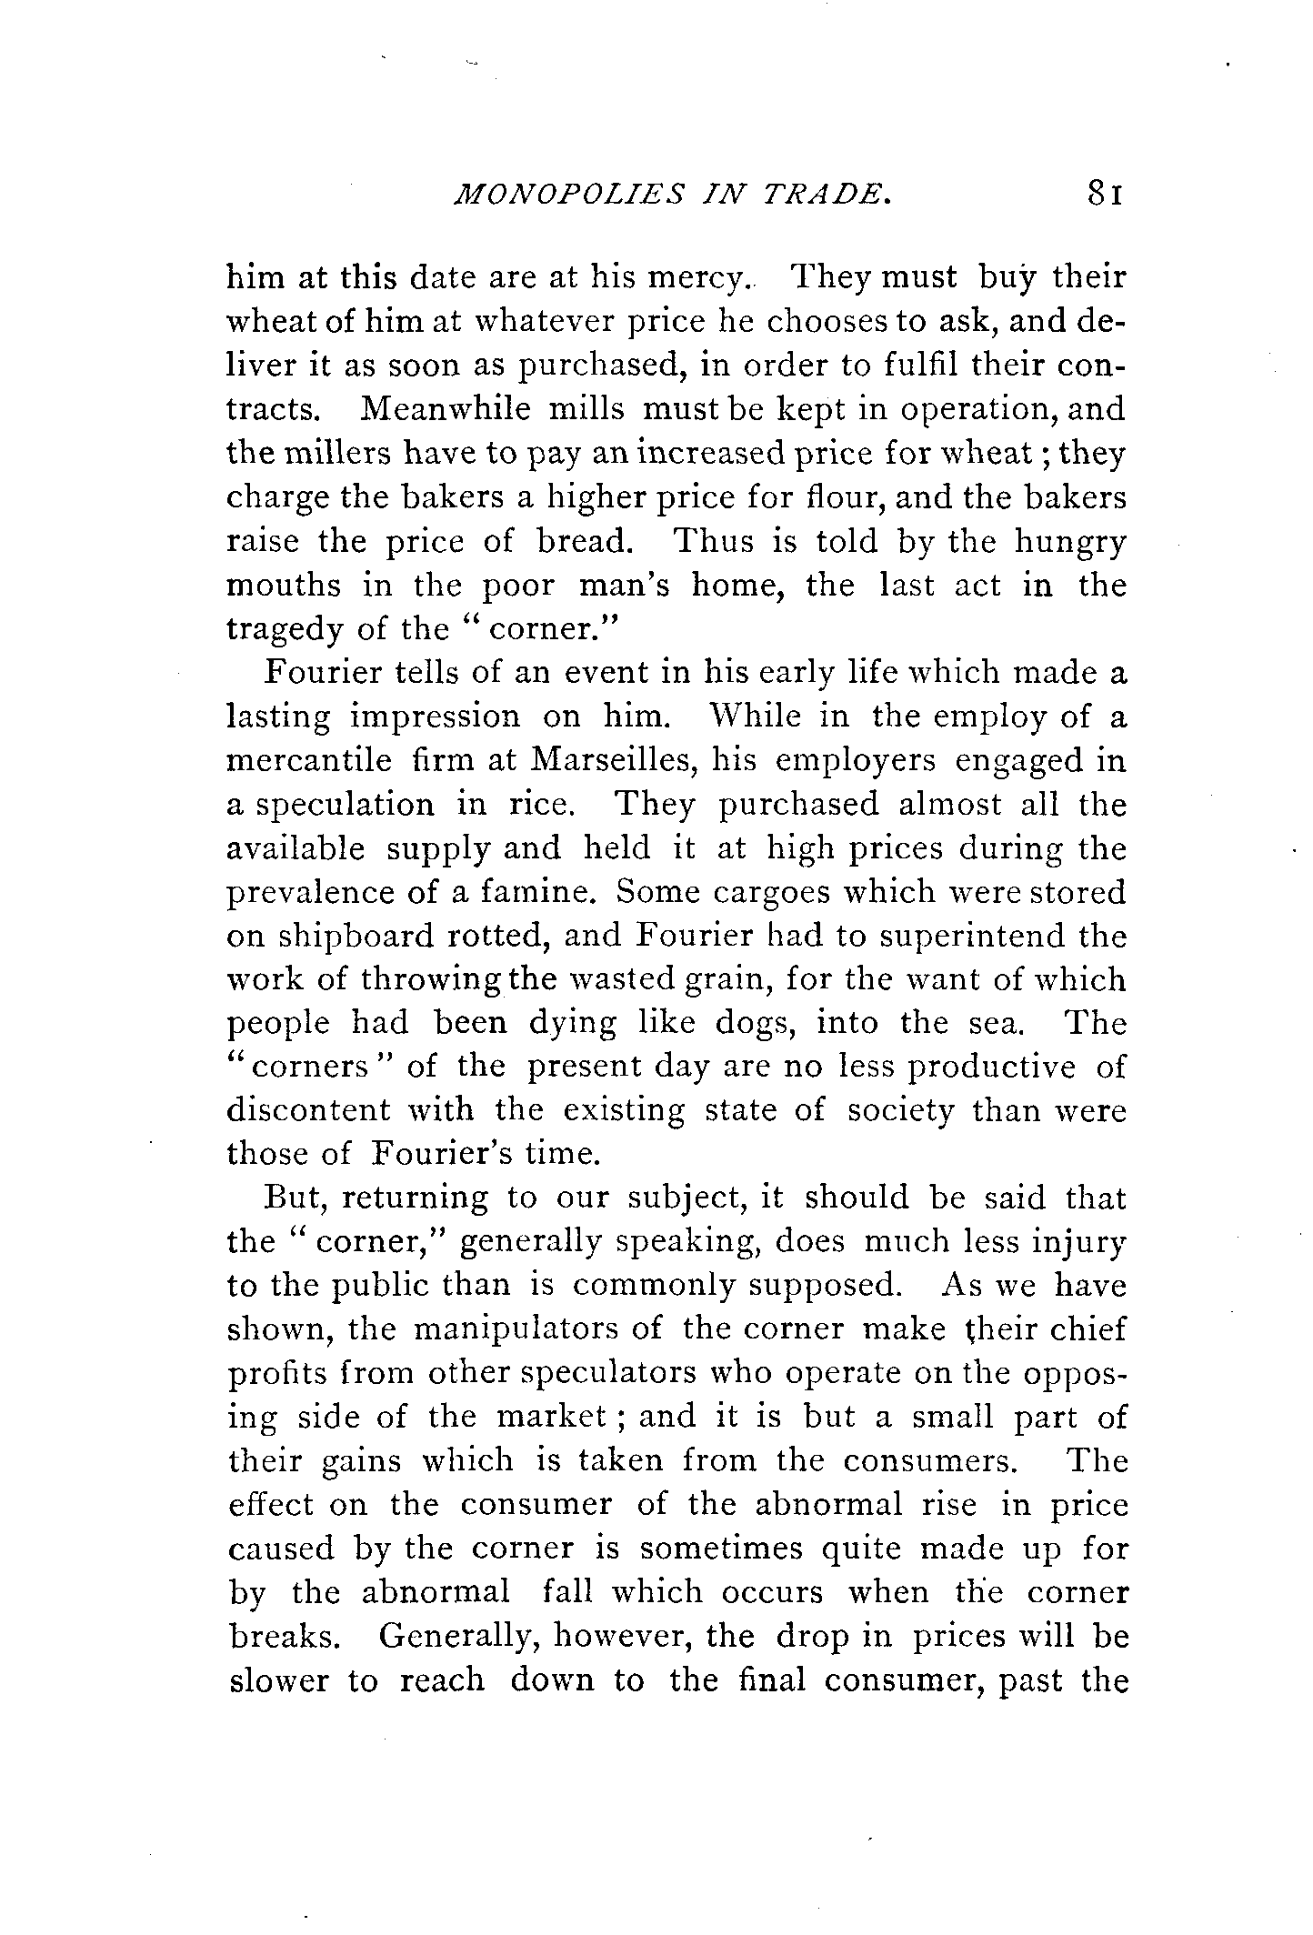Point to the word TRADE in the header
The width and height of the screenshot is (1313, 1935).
(x=833, y=221)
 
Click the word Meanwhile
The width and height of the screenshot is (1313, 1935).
(x=445, y=409)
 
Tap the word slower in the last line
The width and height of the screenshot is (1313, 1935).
(x=278, y=1680)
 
